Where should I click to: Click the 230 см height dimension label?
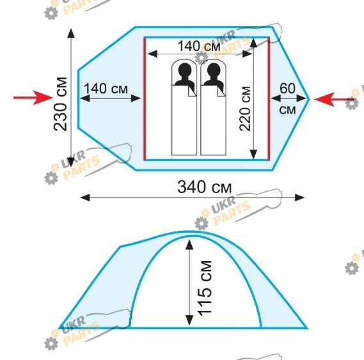60,104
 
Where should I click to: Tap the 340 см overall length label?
205,187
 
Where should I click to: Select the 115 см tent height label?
205,288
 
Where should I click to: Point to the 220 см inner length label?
245,109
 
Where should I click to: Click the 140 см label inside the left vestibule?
106,89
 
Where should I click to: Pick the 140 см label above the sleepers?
199,46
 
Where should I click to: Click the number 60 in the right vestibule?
287,88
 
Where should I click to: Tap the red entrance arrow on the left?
33,97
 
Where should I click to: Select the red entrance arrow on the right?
335,99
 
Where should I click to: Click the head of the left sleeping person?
184,70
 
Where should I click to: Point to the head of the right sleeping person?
214,70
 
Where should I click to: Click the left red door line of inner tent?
145,99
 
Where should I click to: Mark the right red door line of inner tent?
269,99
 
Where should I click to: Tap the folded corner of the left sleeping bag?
192,91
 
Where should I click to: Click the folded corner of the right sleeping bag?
221,91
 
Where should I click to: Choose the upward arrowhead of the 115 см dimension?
189,244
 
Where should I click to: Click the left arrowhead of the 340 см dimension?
85,198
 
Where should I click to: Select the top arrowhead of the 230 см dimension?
71,33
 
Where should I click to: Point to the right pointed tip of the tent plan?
309,99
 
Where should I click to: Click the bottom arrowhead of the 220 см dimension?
253,154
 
